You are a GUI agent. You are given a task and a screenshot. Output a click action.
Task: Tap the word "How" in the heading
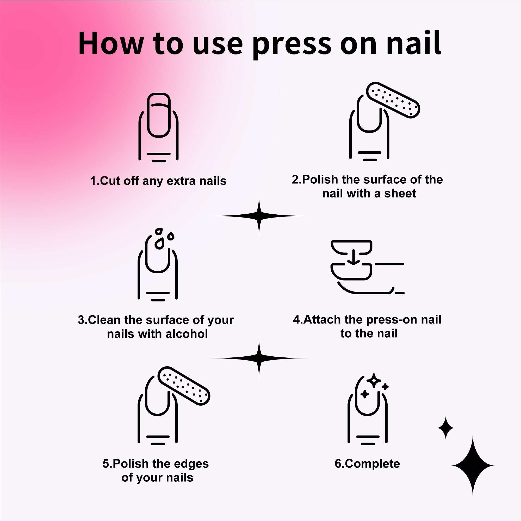[111, 43]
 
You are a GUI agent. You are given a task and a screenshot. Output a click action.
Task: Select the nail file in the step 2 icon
[393, 100]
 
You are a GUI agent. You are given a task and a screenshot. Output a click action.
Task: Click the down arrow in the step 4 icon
[353, 257]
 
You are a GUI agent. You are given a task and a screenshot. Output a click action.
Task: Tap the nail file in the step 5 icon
[184, 386]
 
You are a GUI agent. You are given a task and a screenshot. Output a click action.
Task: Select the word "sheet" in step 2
[400, 194]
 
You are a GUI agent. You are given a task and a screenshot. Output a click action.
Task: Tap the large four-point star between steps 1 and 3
[259, 216]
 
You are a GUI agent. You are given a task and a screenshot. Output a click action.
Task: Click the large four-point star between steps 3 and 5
[259, 358]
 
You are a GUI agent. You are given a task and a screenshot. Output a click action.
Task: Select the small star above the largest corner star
[445, 428]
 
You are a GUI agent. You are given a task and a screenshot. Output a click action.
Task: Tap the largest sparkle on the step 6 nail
[374, 381]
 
